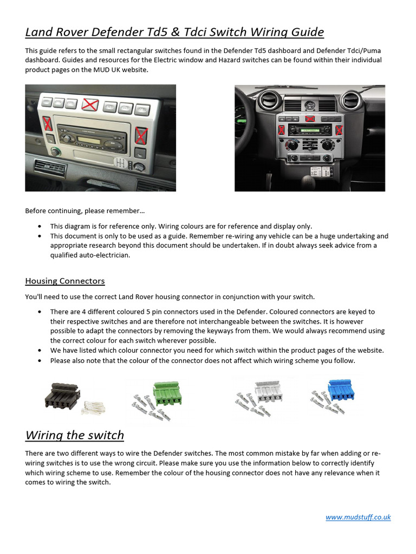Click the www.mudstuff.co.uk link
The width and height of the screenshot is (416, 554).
[358, 517]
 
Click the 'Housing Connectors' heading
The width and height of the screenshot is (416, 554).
[65, 281]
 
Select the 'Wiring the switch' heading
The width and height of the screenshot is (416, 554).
[75, 436]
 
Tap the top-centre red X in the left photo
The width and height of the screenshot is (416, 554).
[90, 104]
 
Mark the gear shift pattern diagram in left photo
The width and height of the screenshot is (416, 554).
[122, 162]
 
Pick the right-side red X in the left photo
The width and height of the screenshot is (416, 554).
[141, 134]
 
